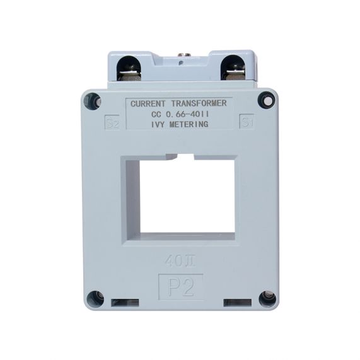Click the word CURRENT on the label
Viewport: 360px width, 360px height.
(148, 103)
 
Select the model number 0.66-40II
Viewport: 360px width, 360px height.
(187, 113)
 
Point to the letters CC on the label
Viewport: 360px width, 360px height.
(157, 113)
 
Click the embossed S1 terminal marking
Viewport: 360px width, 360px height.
(247, 121)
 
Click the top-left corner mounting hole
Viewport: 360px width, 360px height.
(93, 100)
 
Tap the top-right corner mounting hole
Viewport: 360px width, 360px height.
(269, 100)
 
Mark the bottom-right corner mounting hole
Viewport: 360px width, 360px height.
(267, 297)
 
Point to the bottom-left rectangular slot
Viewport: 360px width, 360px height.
(125, 303)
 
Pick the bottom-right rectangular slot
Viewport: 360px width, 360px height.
(236, 303)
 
